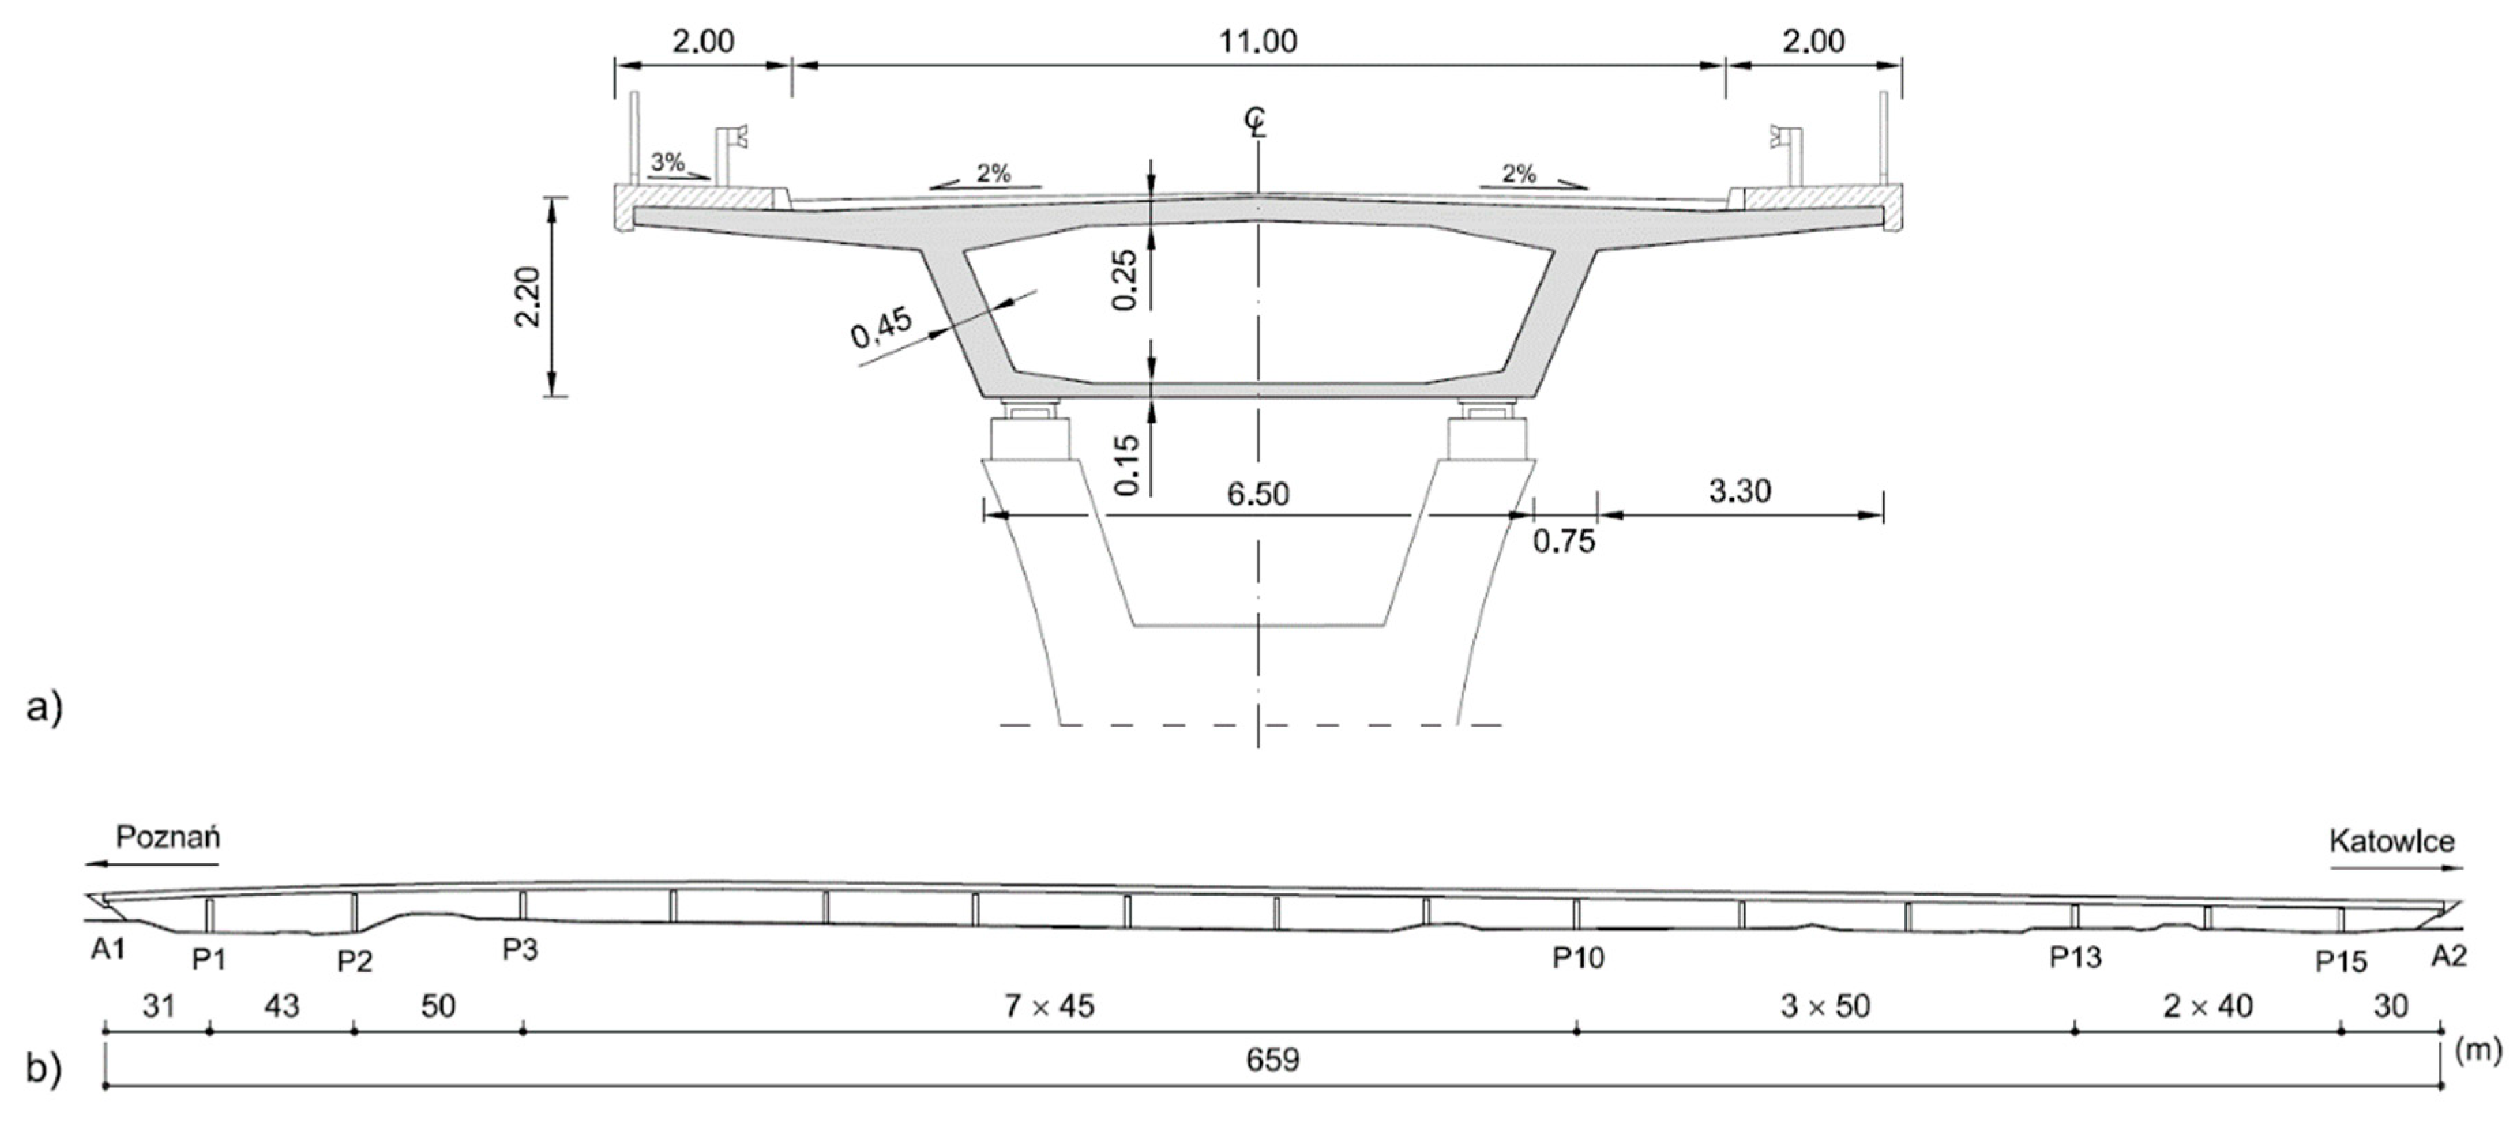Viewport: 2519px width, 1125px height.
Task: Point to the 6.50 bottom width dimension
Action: coord(1258,494)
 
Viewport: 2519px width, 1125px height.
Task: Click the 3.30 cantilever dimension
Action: coord(1740,492)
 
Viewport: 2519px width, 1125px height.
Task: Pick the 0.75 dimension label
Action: coord(1564,541)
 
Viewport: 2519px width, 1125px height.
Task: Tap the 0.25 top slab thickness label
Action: coord(1126,281)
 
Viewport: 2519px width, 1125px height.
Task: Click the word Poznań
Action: coord(168,838)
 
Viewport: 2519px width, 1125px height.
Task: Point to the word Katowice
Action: coord(2392,842)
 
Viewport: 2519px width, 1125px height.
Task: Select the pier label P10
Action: coord(1578,958)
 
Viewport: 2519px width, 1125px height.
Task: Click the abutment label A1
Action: coord(108,949)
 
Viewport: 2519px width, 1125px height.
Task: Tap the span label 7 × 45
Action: coord(1049,1006)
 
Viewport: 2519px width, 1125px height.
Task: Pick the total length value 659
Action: coord(1273,1060)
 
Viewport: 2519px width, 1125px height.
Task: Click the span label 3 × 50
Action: coord(1825,1006)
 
